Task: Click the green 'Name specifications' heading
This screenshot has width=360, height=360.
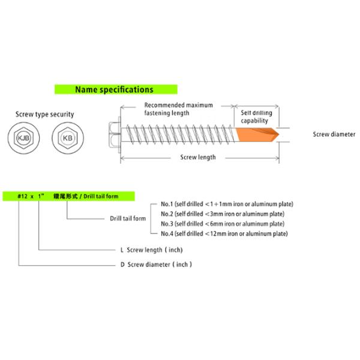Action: tap(114, 89)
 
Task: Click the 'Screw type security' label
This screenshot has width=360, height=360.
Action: tap(45, 114)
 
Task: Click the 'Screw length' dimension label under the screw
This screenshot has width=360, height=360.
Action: tap(198, 158)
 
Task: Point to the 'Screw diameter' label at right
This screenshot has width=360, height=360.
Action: tap(334, 135)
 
